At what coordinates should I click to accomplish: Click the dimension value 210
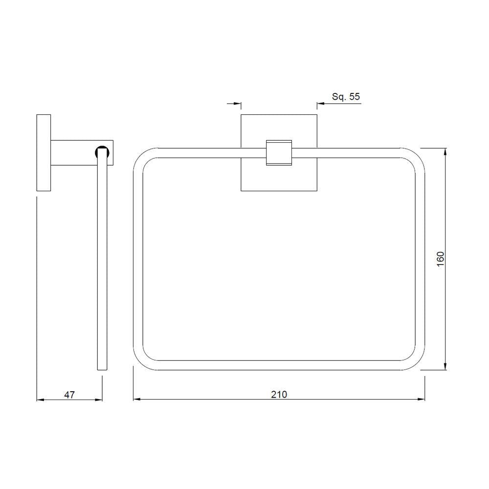279,394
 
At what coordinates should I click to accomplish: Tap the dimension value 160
440,259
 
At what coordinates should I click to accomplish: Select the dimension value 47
69,394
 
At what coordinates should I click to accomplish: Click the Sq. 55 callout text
346,97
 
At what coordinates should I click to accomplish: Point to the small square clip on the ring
278,153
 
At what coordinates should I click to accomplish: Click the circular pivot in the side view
102,153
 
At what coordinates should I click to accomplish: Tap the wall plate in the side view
44,153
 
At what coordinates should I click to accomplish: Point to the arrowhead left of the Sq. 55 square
238,104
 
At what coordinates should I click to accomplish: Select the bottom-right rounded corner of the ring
417,362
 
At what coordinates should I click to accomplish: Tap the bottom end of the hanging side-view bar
102,368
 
